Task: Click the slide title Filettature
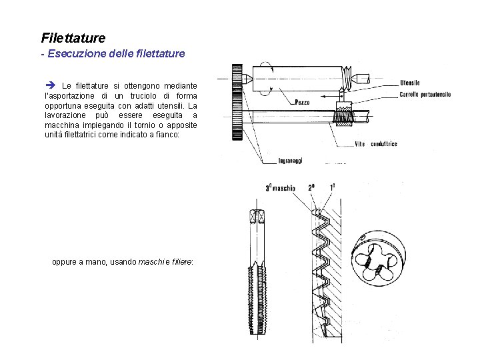coord(73,38)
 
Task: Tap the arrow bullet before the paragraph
coord(50,86)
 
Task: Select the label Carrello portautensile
coord(425,95)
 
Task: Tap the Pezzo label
coord(302,103)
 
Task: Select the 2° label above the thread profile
coord(312,188)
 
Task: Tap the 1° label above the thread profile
coord(333,188)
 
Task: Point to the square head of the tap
coord(258,218)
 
